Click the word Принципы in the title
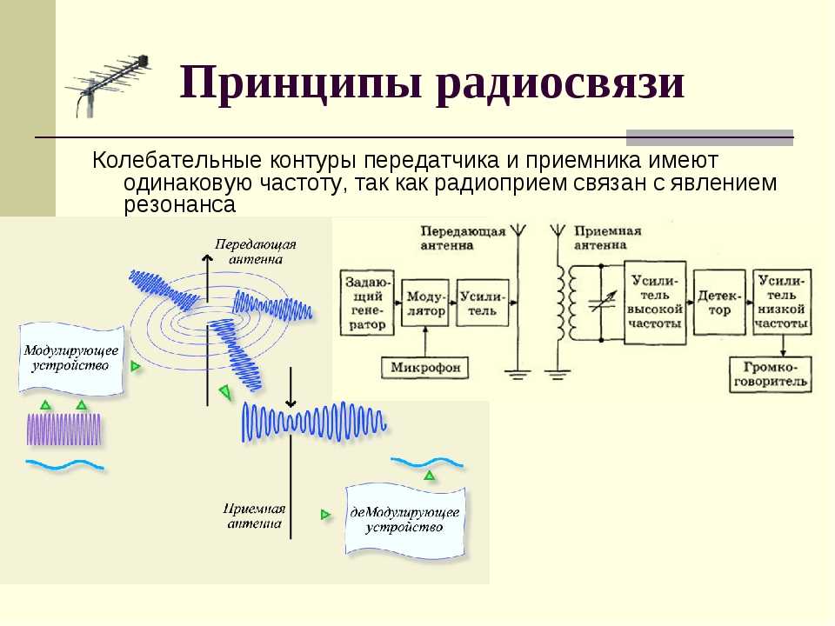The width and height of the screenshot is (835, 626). click(x=301, y=84)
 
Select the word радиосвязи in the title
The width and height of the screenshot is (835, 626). click(x=559, y=84)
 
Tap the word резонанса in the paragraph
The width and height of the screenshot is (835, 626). click(x=179, y=205)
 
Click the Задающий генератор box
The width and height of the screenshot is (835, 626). click(x=367, y=303)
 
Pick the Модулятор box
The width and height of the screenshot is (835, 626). click(x=425, y=303)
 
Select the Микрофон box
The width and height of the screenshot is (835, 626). click(x=425, y=367)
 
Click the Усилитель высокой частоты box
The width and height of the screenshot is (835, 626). click(x=654, y=303)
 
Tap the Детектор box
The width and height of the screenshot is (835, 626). click(x=719, y=303)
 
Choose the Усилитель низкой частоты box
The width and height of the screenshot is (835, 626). click(x=782, y=303)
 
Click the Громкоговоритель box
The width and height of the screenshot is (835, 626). click(x=770, y=375)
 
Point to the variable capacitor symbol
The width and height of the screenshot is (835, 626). click(x=602, y=303)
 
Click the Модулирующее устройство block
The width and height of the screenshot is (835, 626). click(x=71, y=358)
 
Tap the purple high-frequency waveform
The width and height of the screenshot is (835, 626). click(x=63, y=429)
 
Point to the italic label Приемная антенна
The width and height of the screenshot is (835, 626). click(x=254, y=516)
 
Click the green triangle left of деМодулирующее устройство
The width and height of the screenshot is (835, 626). click(x=325, y=515)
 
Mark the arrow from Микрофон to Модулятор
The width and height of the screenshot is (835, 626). click(x=425, y=342)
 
